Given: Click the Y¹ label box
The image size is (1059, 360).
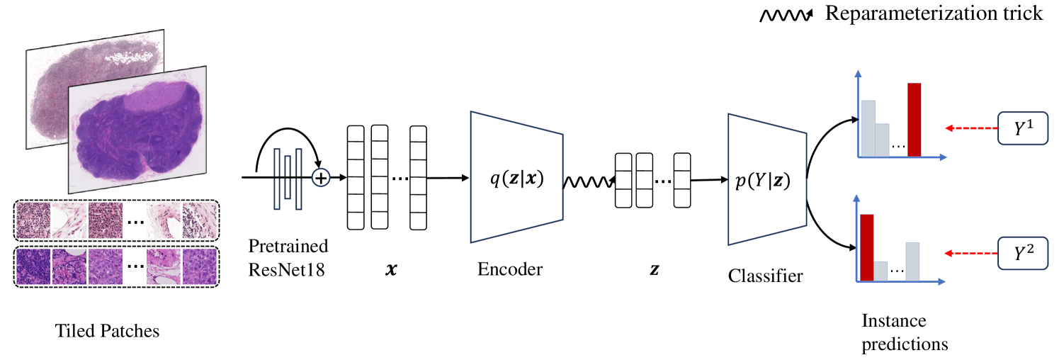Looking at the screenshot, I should tap(1023, 128).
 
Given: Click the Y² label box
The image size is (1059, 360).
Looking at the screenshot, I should tap(1023, 252).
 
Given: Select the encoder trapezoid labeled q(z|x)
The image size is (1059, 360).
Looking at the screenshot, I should tap(516, 176).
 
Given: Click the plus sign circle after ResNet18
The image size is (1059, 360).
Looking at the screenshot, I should tap(322, 177).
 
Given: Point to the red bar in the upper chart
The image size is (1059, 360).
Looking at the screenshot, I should tap(914, 119).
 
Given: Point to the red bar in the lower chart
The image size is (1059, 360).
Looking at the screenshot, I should tap(867, 247).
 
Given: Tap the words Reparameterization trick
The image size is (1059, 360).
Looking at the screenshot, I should tap(934, 13).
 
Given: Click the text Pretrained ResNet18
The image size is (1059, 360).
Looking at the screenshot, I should tap(288, 258).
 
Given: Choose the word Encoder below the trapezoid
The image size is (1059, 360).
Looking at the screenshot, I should tap(510, 269).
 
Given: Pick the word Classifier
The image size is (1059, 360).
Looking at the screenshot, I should tap(766, 276).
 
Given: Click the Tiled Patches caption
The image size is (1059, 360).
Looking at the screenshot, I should tap(107, 330).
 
